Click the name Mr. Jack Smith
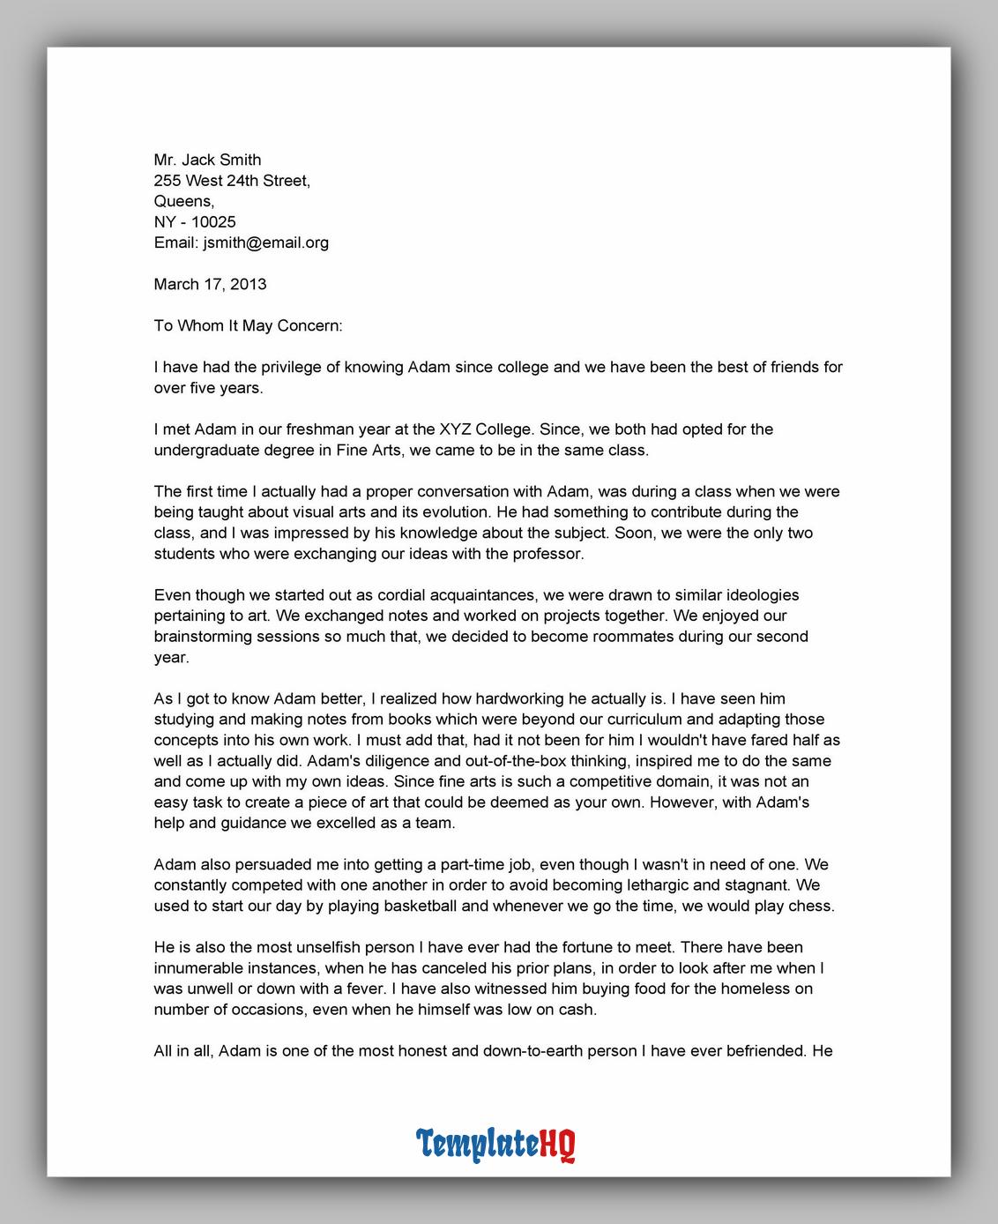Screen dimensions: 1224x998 tap(207, 160)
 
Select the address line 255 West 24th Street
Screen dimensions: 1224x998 tap(232, 181)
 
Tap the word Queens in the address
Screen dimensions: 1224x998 tap(183, 201)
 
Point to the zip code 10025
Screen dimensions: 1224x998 tap(213, 222)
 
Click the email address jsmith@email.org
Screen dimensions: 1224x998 tap(265, 243)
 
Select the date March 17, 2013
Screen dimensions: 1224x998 tap(210, 284)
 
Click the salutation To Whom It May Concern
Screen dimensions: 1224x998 tap(248, 325)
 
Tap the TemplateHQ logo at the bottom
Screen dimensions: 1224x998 tap(496, 1144)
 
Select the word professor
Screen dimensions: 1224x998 tap(549, 554)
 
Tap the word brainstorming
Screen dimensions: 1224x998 tap(205, 636)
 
